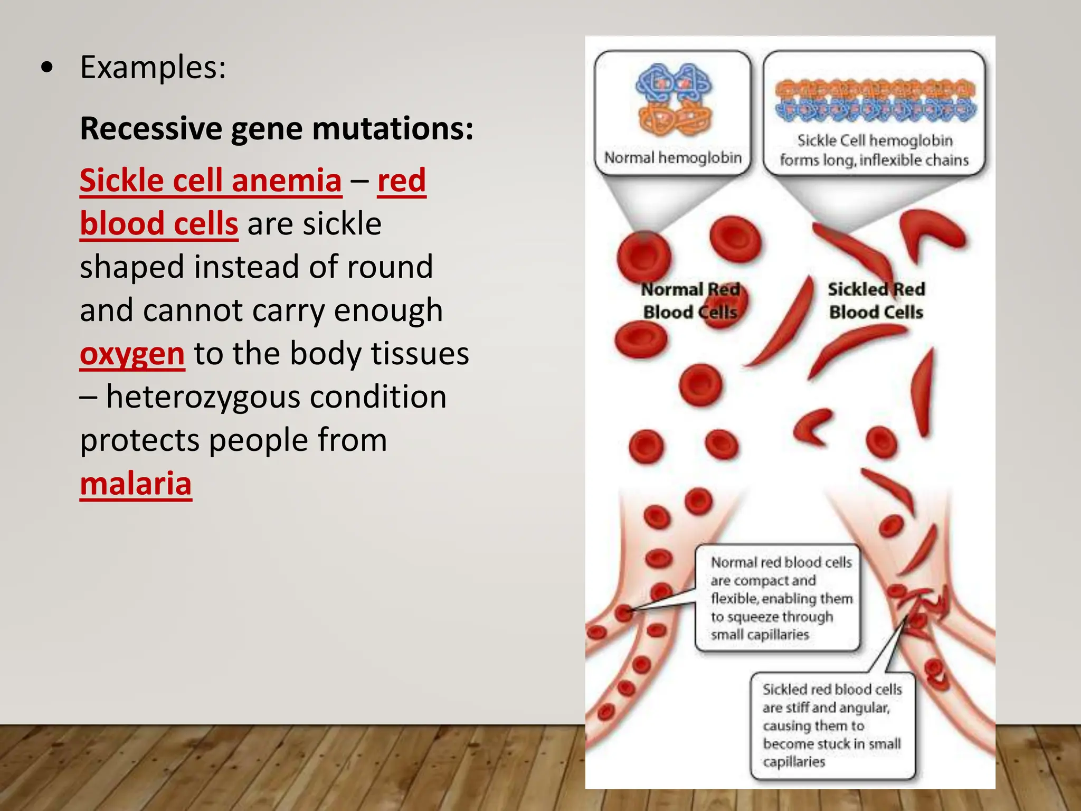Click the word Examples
[x=153, y=68]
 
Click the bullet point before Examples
[x=47, y=68]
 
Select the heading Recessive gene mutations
[x=277, y=128]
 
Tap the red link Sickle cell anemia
[x=211, y=181]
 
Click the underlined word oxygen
[x=132, y=354]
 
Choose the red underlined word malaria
[x=136, y=484]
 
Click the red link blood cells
[x=159, y=224]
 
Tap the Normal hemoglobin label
[x=672, y=157]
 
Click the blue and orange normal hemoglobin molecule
[x=674, y=100]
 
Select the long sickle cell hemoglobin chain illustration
[x=875, y=100]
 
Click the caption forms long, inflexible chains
[x=874, y=159]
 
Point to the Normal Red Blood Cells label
[x=690, y=300]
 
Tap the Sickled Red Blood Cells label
[x=876, y=300]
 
